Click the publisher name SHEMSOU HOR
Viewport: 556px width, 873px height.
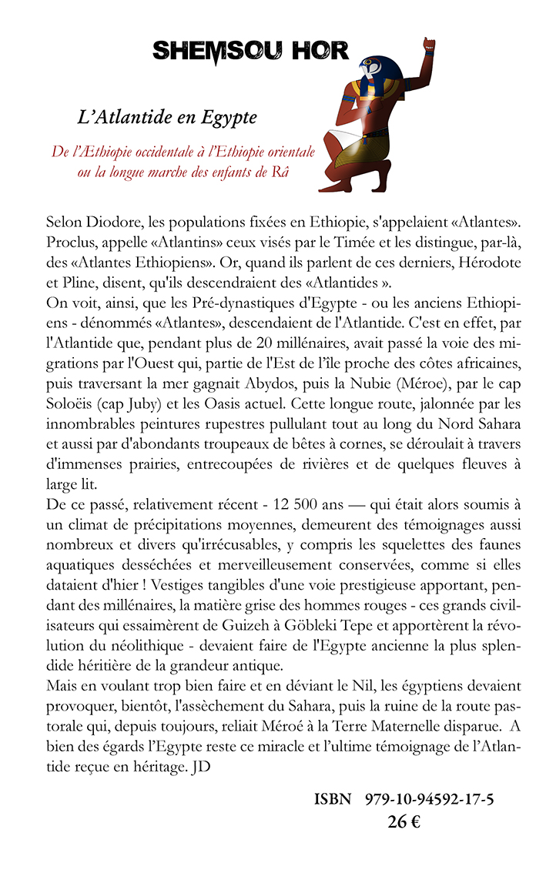250,51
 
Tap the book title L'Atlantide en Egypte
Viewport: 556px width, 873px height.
167,119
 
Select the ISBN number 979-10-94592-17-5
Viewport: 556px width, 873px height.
429,799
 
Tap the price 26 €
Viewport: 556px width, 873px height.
404,821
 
